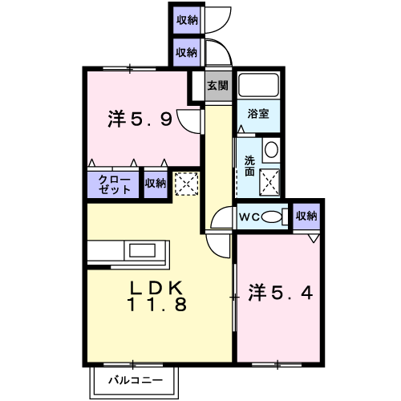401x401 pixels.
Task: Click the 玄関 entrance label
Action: click(x=217, y=86)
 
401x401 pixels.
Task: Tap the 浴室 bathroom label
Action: click(x=258, y=114)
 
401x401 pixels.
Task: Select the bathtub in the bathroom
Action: click(x=258, y=85)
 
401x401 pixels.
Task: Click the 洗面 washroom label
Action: click(x=249, y=166)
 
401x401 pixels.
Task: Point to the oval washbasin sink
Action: click(x=271, y=149)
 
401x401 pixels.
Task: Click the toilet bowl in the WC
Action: click(x=271, y=217)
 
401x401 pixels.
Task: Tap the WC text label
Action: click(x=249, y=217)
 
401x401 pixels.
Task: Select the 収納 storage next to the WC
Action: click(x=306, y=216)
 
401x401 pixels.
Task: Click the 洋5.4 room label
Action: click(x=281, y=293)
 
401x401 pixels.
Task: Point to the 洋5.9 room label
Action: click(x=140, y=119)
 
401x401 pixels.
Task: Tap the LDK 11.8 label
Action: click(x=156, y=296)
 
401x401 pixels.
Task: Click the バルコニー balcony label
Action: click(x=136, y=380)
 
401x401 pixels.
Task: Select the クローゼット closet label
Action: click(x=115, y=184)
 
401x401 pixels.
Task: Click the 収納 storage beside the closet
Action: click(x=156, y=184)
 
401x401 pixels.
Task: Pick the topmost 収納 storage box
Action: click(x=187, y=20)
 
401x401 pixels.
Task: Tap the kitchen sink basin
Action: click(x=142, y=250)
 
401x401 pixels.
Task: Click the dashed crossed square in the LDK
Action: click(x=187, y=184)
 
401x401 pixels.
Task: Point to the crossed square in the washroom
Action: click(x=269, y=182)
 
